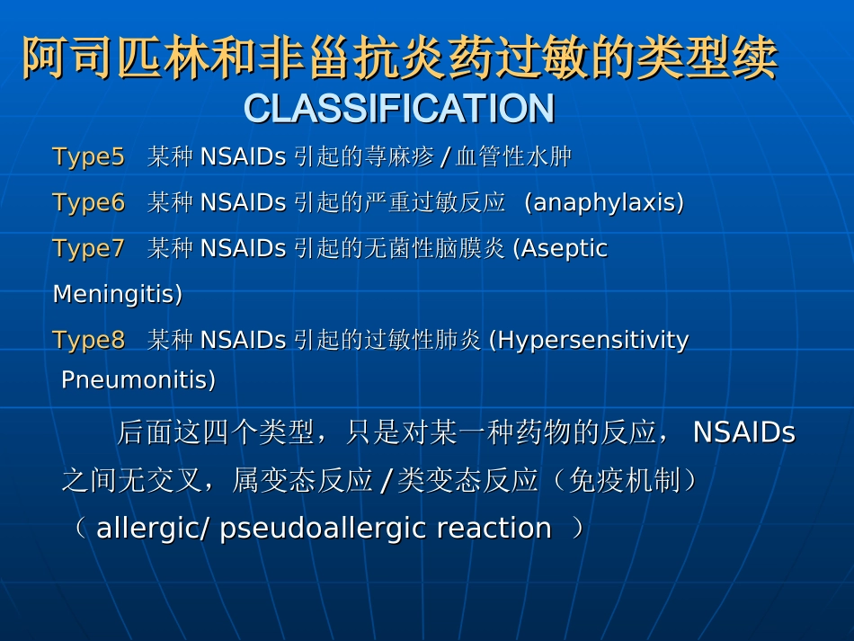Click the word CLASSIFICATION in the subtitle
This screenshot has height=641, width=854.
399,108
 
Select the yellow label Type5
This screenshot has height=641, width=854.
89,157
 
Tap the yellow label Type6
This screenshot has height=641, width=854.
89,202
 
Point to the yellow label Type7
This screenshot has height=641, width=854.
89,249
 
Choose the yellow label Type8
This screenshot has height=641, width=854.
89,341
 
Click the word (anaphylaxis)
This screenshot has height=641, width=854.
603,202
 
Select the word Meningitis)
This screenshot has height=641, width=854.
118,295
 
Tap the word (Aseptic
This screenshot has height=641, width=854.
560,249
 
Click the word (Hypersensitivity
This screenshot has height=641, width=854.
589,341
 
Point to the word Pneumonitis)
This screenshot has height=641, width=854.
138,379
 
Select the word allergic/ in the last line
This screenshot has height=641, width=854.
153,529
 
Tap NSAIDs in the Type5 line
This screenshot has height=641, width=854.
243,156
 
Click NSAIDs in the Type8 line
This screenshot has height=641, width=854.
243,340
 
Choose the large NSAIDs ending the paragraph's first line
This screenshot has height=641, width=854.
744,432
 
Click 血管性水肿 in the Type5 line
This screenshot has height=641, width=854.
513,156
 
